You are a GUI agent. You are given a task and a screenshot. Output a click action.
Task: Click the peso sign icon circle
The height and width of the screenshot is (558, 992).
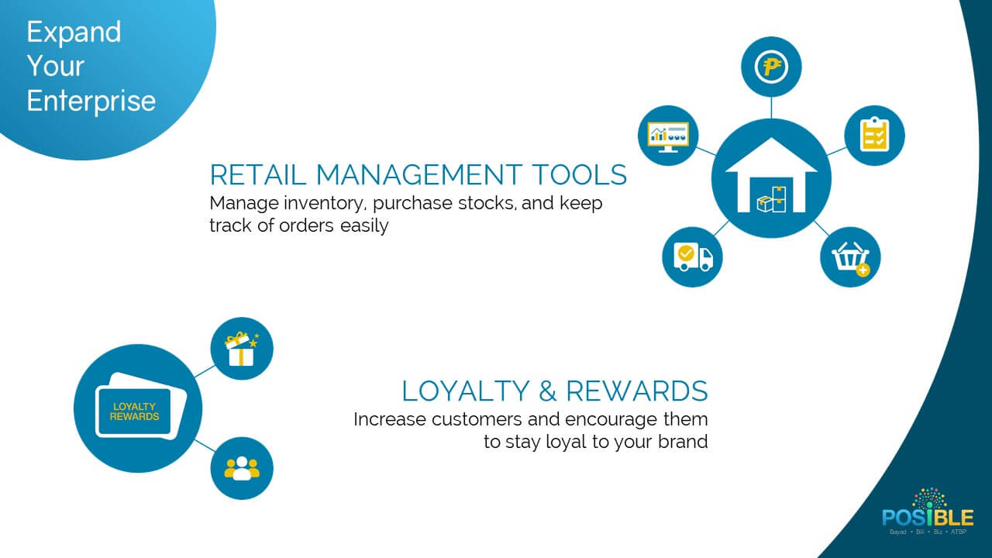771,67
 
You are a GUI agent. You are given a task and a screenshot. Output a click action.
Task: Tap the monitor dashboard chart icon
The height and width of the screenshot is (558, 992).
668,136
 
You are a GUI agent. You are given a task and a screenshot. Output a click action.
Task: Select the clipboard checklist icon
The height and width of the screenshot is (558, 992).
875,134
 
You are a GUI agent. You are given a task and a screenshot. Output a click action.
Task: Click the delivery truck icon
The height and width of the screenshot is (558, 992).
693,257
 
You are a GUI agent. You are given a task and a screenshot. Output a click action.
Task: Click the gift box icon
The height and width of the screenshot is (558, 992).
241,349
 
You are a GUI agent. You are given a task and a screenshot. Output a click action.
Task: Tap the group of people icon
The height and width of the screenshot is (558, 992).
242,469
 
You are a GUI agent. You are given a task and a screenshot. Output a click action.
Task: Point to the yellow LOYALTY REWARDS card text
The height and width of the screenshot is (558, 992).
134,412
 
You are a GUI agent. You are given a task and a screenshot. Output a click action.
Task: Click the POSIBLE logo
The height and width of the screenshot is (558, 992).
928,512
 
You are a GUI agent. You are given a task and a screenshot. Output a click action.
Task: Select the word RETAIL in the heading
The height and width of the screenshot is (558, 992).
258,174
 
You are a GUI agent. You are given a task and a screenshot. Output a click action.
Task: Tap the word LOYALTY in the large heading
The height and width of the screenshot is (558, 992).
466,391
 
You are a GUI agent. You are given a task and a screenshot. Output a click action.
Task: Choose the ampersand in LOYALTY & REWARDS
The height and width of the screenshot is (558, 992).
548,391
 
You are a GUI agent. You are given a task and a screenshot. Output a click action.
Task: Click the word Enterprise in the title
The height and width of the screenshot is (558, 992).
91,102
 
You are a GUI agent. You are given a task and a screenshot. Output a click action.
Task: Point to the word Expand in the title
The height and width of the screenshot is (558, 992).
74,33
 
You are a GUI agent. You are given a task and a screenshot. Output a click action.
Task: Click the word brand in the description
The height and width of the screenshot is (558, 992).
683,441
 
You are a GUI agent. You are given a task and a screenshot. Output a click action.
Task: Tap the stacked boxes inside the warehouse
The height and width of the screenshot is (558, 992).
771,200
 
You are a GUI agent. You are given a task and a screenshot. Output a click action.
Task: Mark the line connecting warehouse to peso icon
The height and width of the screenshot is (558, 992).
771,108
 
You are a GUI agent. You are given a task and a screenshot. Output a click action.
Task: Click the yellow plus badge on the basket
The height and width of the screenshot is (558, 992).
863,270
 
